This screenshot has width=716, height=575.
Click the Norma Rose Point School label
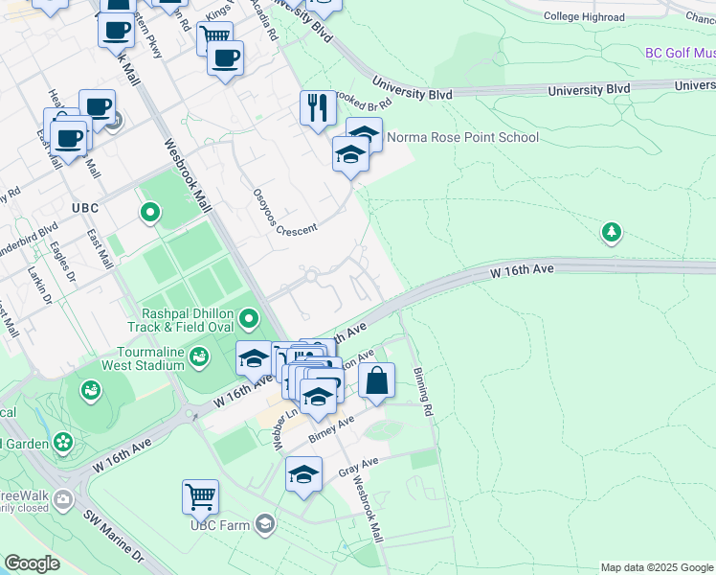tap(462, 137)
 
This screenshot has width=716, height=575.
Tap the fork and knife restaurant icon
tap(318, 107)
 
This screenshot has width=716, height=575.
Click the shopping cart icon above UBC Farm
tap(200, 496)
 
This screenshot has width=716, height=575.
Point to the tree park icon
tap(611, 232)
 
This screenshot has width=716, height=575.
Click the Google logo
tap(33, 563)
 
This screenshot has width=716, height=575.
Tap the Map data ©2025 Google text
tap(656, 567)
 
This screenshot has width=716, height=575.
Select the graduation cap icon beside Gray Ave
tap(304, 474)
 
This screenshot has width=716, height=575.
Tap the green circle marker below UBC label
tap(149, 212)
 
